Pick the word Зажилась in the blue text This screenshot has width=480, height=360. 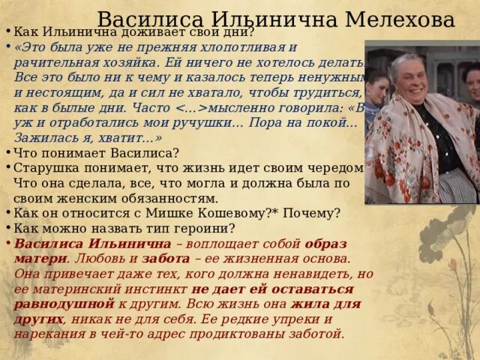point(42,138)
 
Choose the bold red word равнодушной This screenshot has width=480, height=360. point(64,303)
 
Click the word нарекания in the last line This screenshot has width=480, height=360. point(46,333)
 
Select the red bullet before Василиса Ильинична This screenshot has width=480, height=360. point(7,244)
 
